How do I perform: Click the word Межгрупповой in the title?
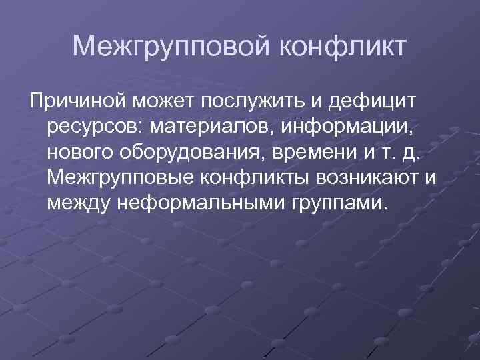(171, 47)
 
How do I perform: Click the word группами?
(337, 203)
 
